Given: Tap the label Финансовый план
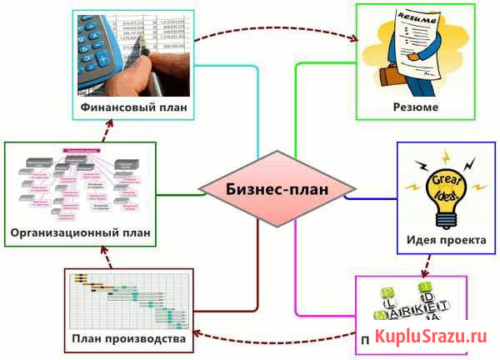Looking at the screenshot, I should point(133,107).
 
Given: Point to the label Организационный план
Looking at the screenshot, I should point(81,232).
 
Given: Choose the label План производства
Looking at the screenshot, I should point(128,339).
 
